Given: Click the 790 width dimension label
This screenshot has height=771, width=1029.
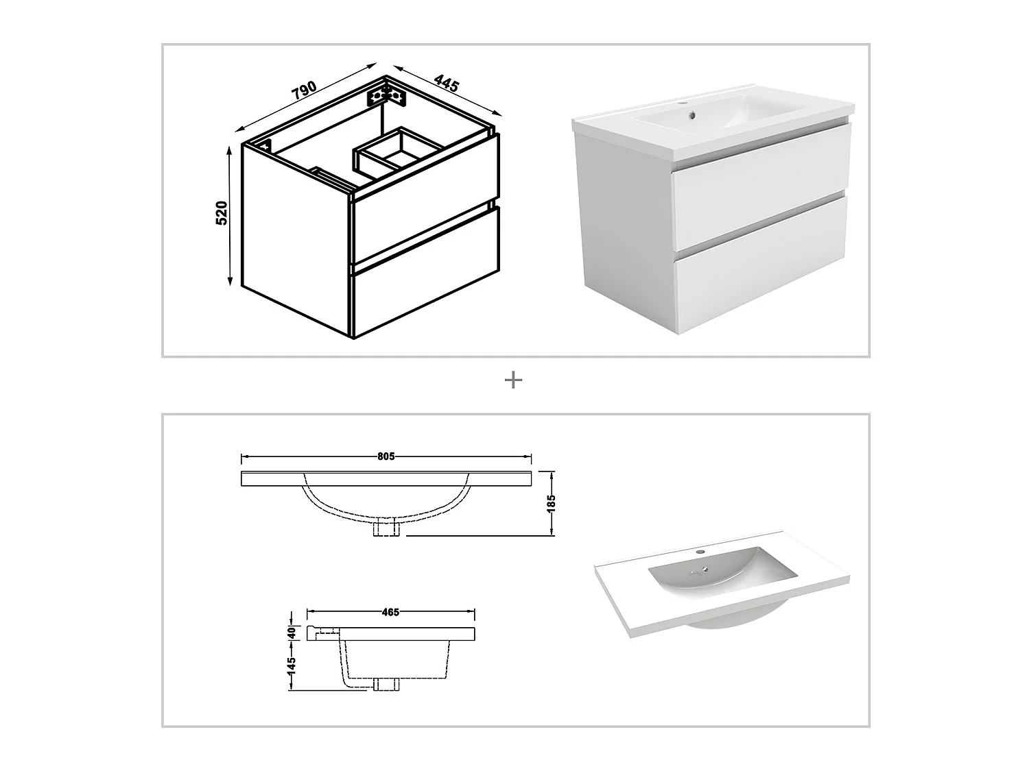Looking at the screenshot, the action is [x=305, y=90].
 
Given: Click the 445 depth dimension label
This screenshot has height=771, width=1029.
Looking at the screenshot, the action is [x=447, y=84].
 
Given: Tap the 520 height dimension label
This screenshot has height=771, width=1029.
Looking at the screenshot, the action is [x=222, y=213].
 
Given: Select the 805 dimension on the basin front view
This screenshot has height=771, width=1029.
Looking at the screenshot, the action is [x=386, y=456].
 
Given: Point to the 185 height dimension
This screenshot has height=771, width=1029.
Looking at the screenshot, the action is [x=552, y=503].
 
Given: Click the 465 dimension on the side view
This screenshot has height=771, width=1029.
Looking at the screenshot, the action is [x=390, y=612].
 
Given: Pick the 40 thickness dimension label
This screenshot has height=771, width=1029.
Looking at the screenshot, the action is [x=292, y=633].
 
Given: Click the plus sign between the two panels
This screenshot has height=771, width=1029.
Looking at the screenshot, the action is [x=513, y=380].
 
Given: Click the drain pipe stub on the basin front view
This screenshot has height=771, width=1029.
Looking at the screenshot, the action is [x=386, y=528].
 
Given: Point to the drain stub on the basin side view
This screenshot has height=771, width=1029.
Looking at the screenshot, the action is [x=386, y=683].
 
